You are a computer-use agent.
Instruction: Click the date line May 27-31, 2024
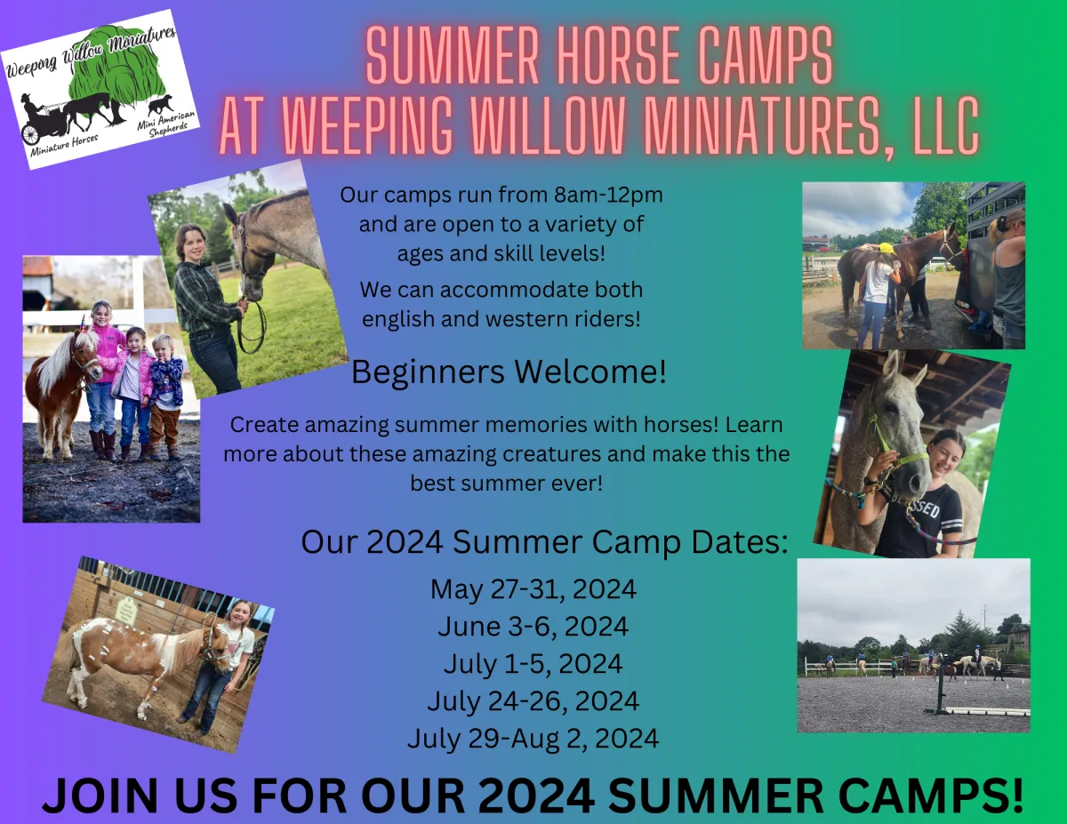tap(533, 589)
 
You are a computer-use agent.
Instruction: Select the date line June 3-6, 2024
tap(533, 627)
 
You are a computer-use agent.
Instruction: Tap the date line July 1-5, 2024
tap(533, 664)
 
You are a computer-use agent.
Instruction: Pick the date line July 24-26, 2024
tap(533, 701)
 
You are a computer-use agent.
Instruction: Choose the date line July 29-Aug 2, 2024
tap(533, 739)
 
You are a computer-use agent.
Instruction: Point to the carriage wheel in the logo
tap(30, 134)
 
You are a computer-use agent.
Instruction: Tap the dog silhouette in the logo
tap(161, 105)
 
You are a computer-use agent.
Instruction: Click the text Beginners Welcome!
tap(509, 372)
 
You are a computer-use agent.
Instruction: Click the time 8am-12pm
tap(608, 195)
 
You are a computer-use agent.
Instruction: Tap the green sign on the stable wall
tap(125, 611)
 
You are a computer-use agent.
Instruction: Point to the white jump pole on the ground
tap(987, 711)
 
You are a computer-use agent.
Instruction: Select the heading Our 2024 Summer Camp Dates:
tap(544, 543)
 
